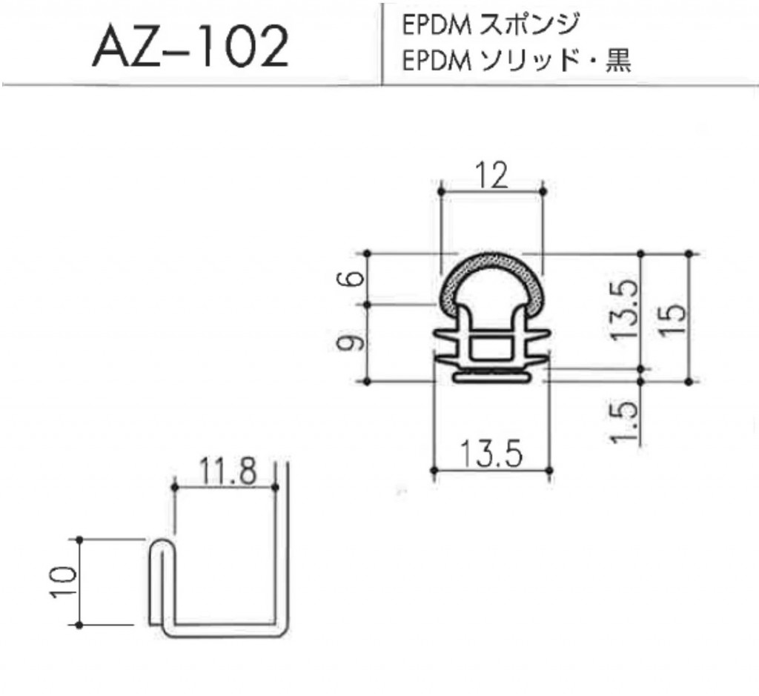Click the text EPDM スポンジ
pyautogui.click(x=490, y=25)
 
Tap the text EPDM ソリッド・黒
pyautogui.click(x=516, y=62)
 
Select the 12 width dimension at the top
pyautogui.click(x=491, y=176)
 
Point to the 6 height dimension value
pyautogui.click(x=355, y=279)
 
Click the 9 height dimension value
pyautogui.click(x=355, y=343)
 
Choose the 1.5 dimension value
pyautogui.click(x=624, y=421)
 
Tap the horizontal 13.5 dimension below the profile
pyautogui.click(x=491, y=453)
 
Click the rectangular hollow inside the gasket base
pyautogui.click(x=491, y=346)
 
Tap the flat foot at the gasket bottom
pyautogui.click(x=491, y=377)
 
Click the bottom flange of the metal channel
pyautogui.click(x=226, y=629)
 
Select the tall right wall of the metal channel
pyautogui.click(x=282, y=548)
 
